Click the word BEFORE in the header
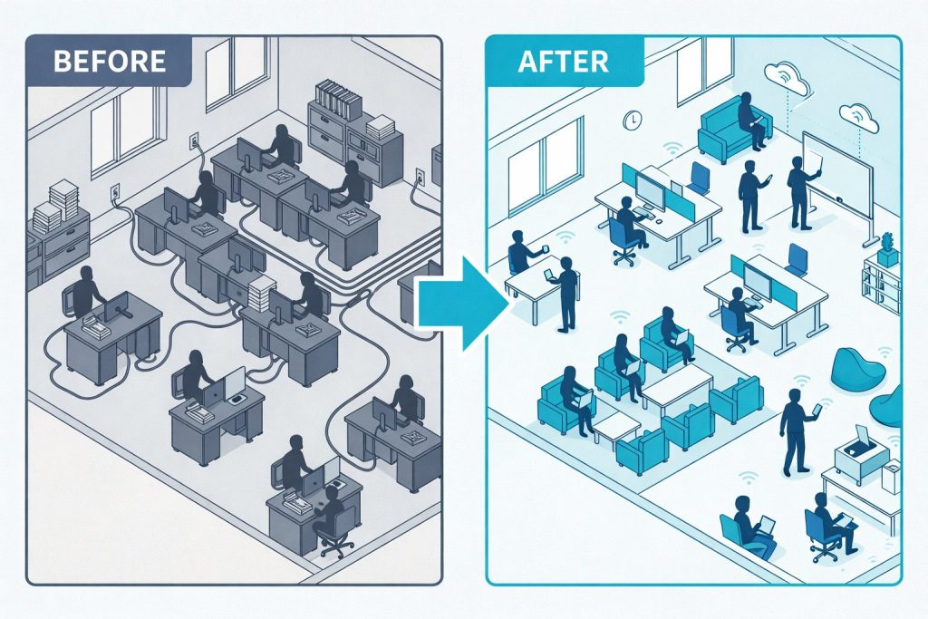click(110, 62)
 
